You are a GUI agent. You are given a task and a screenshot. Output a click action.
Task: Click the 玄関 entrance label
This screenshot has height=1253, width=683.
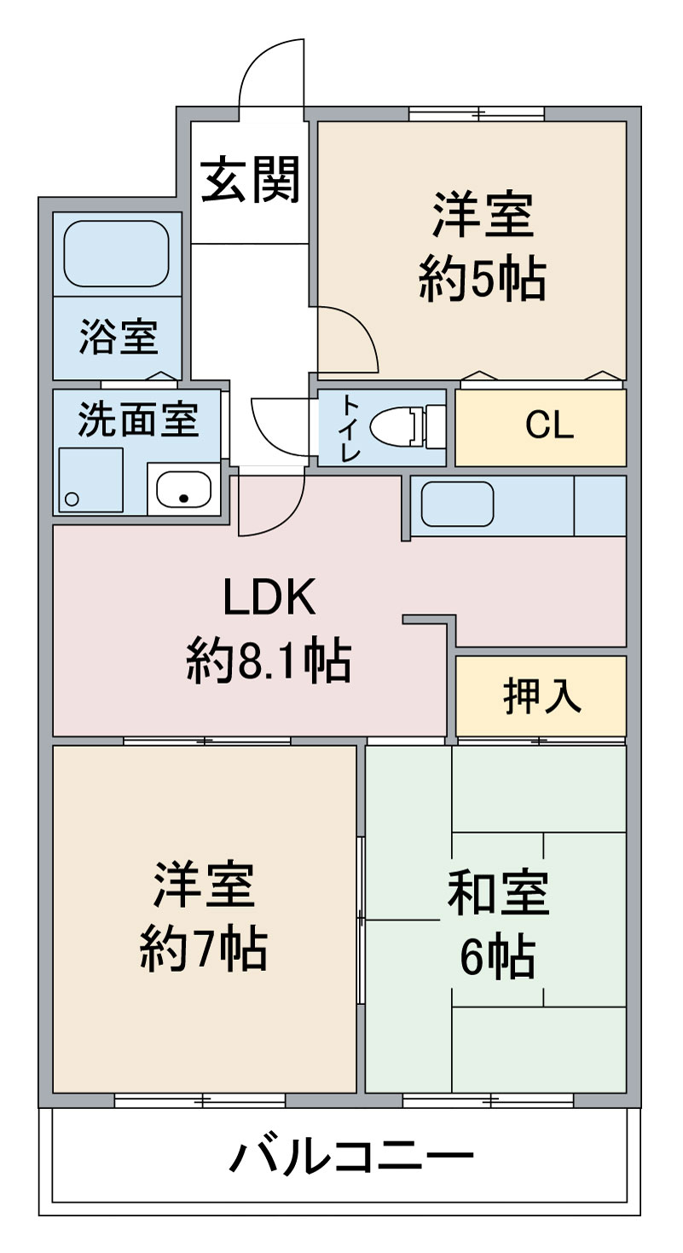pyautogui.click(x=251, y=181)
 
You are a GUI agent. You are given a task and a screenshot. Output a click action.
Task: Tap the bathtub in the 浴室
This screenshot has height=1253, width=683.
pyautogui.click(x=117, y=254)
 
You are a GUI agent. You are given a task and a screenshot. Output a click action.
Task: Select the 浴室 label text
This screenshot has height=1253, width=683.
pyautogui.click(x=119, y=337)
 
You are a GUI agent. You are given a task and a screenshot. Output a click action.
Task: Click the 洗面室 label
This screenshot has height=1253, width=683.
pyautogui.click(x=138, y=421)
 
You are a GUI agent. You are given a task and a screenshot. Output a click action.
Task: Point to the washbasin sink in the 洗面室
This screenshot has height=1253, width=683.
pyautogui.click(x=180, y=490)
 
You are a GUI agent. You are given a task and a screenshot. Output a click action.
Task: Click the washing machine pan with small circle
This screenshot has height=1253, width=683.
pyautogui.click(x=90, y=480)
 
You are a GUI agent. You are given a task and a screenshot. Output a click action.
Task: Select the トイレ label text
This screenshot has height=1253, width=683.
pyautogui.click(x=350, y=429)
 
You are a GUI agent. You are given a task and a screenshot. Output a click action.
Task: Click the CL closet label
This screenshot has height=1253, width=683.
pyautogui.click(x=548, y=426)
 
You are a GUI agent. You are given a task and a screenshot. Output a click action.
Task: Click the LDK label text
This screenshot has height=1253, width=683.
pyautogui.click(x=269, y=598)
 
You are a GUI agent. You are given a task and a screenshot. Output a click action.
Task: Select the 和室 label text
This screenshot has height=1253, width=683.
pyautogui.click(x=498, y=893)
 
